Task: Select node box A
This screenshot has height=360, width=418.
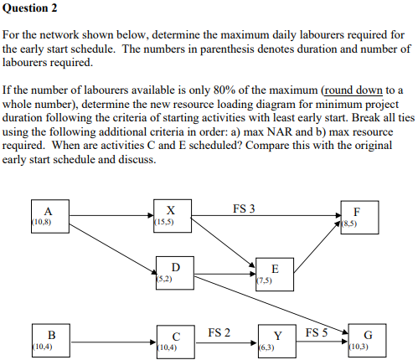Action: tap(48, 215)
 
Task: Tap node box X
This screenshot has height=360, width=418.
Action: tap(171, 215)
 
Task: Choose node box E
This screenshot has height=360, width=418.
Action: tap(275, 274)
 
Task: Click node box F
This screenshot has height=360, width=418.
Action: tap(358, 215)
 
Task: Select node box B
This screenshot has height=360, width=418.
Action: tap(48, 340)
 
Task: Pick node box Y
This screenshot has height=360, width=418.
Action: tap(276, 340)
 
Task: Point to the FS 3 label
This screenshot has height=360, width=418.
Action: tap(244, 208)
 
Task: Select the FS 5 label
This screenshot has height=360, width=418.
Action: tap(317, 332)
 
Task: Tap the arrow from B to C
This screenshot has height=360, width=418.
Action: tap(111, 341)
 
